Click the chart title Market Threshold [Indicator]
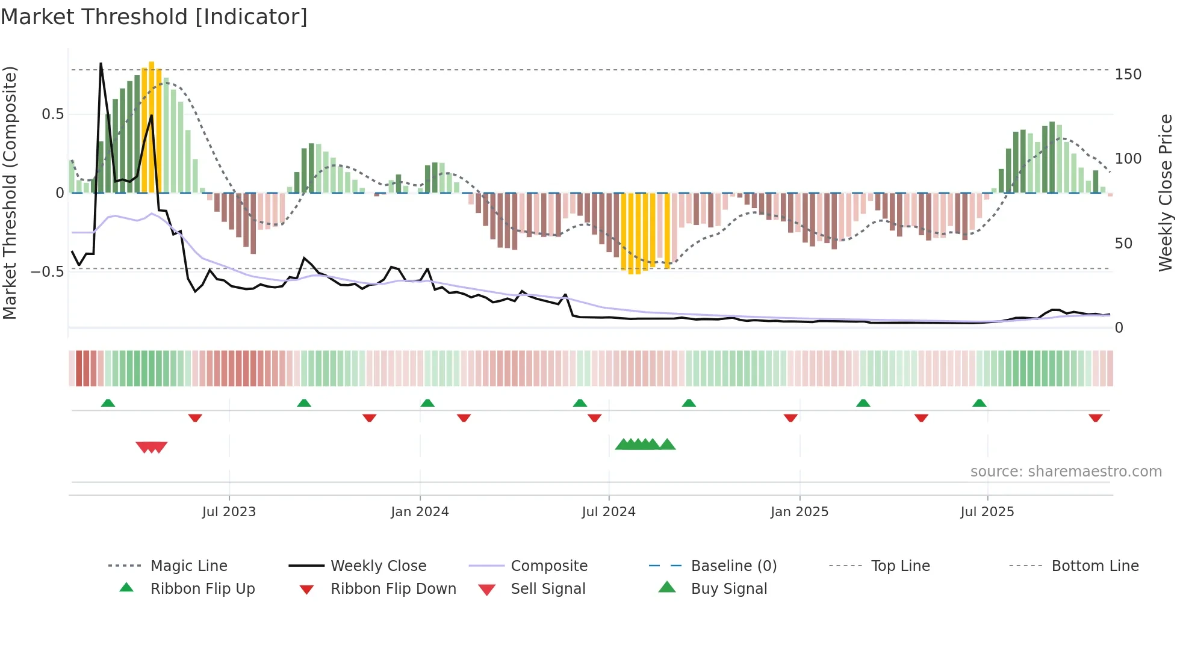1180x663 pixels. tap(154, 17)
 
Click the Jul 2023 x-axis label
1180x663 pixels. tap(229, 512)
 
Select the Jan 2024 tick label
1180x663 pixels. tap(420, 512)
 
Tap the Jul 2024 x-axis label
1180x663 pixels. tap(609, 512)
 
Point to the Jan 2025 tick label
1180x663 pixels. tap(800, 512)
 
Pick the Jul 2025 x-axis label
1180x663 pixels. tap(987, 512)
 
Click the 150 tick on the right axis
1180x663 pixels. tap(1128, 75)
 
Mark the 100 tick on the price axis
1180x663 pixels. tap(1128, 159)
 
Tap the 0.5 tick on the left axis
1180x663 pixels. tap(52, 114)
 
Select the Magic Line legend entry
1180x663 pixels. tap(188, 566)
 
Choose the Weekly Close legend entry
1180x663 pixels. tap(378, 566)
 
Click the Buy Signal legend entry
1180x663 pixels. tap(728, 589)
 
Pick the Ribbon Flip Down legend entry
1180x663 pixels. tap(393, 589)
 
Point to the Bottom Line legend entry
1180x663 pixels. tap(1095, 566)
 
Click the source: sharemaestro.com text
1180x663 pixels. tap(1066, 472)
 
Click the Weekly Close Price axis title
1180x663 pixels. tap(1166, 193)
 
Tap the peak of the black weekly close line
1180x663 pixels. tap(101, 64)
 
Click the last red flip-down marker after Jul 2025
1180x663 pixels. tap(1095, 418)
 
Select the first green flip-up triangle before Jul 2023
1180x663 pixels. tap(108, 403)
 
